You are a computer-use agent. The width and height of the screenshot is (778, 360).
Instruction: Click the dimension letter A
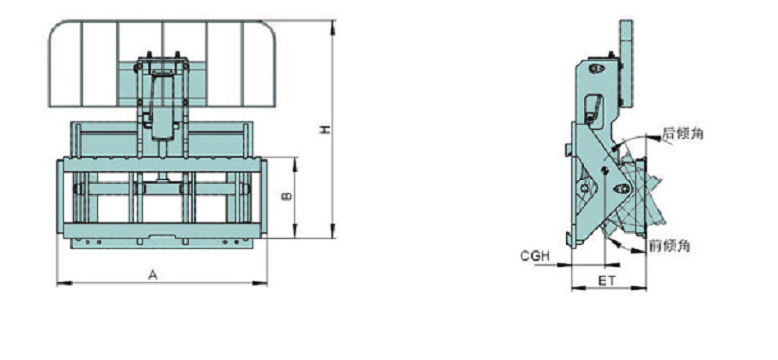153,274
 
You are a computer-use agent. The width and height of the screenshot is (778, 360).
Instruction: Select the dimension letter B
287,196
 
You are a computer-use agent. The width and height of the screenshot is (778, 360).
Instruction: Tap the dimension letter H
324,129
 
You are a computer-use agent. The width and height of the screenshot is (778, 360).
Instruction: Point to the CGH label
535,256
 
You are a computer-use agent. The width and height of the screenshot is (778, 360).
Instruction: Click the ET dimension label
606,281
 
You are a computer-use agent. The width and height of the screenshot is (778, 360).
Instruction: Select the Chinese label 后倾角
683,133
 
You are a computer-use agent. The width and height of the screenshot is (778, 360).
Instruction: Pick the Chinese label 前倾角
670,245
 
